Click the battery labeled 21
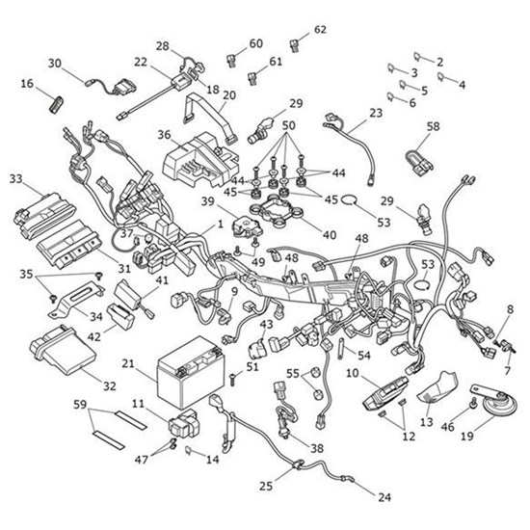point(191,372)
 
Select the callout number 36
point(164,135)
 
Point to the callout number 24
point(384,497)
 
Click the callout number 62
point(320,30)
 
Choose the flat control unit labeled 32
point(63,350)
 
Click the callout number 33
point(15,179)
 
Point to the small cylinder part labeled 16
point(57,104)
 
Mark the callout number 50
point(288,125)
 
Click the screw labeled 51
point(232,379)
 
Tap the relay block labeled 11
point(183,423)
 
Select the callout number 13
point(427,422)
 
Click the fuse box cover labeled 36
point(201,161)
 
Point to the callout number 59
point(80,405)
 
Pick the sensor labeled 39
point(246,225)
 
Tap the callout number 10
point(352,374)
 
